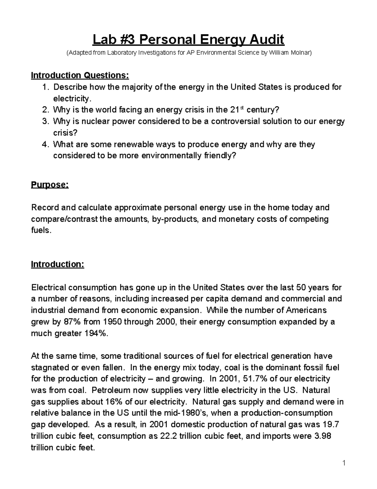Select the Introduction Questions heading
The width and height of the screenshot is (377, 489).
click(x=80, y=76)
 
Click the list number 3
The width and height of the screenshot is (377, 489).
click(x=45, y=122)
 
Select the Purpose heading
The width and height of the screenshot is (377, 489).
click(x=50, y=185)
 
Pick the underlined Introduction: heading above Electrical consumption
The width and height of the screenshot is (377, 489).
click(x=57, y=264)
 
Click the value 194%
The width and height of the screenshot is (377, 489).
click(x=96, y=333)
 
